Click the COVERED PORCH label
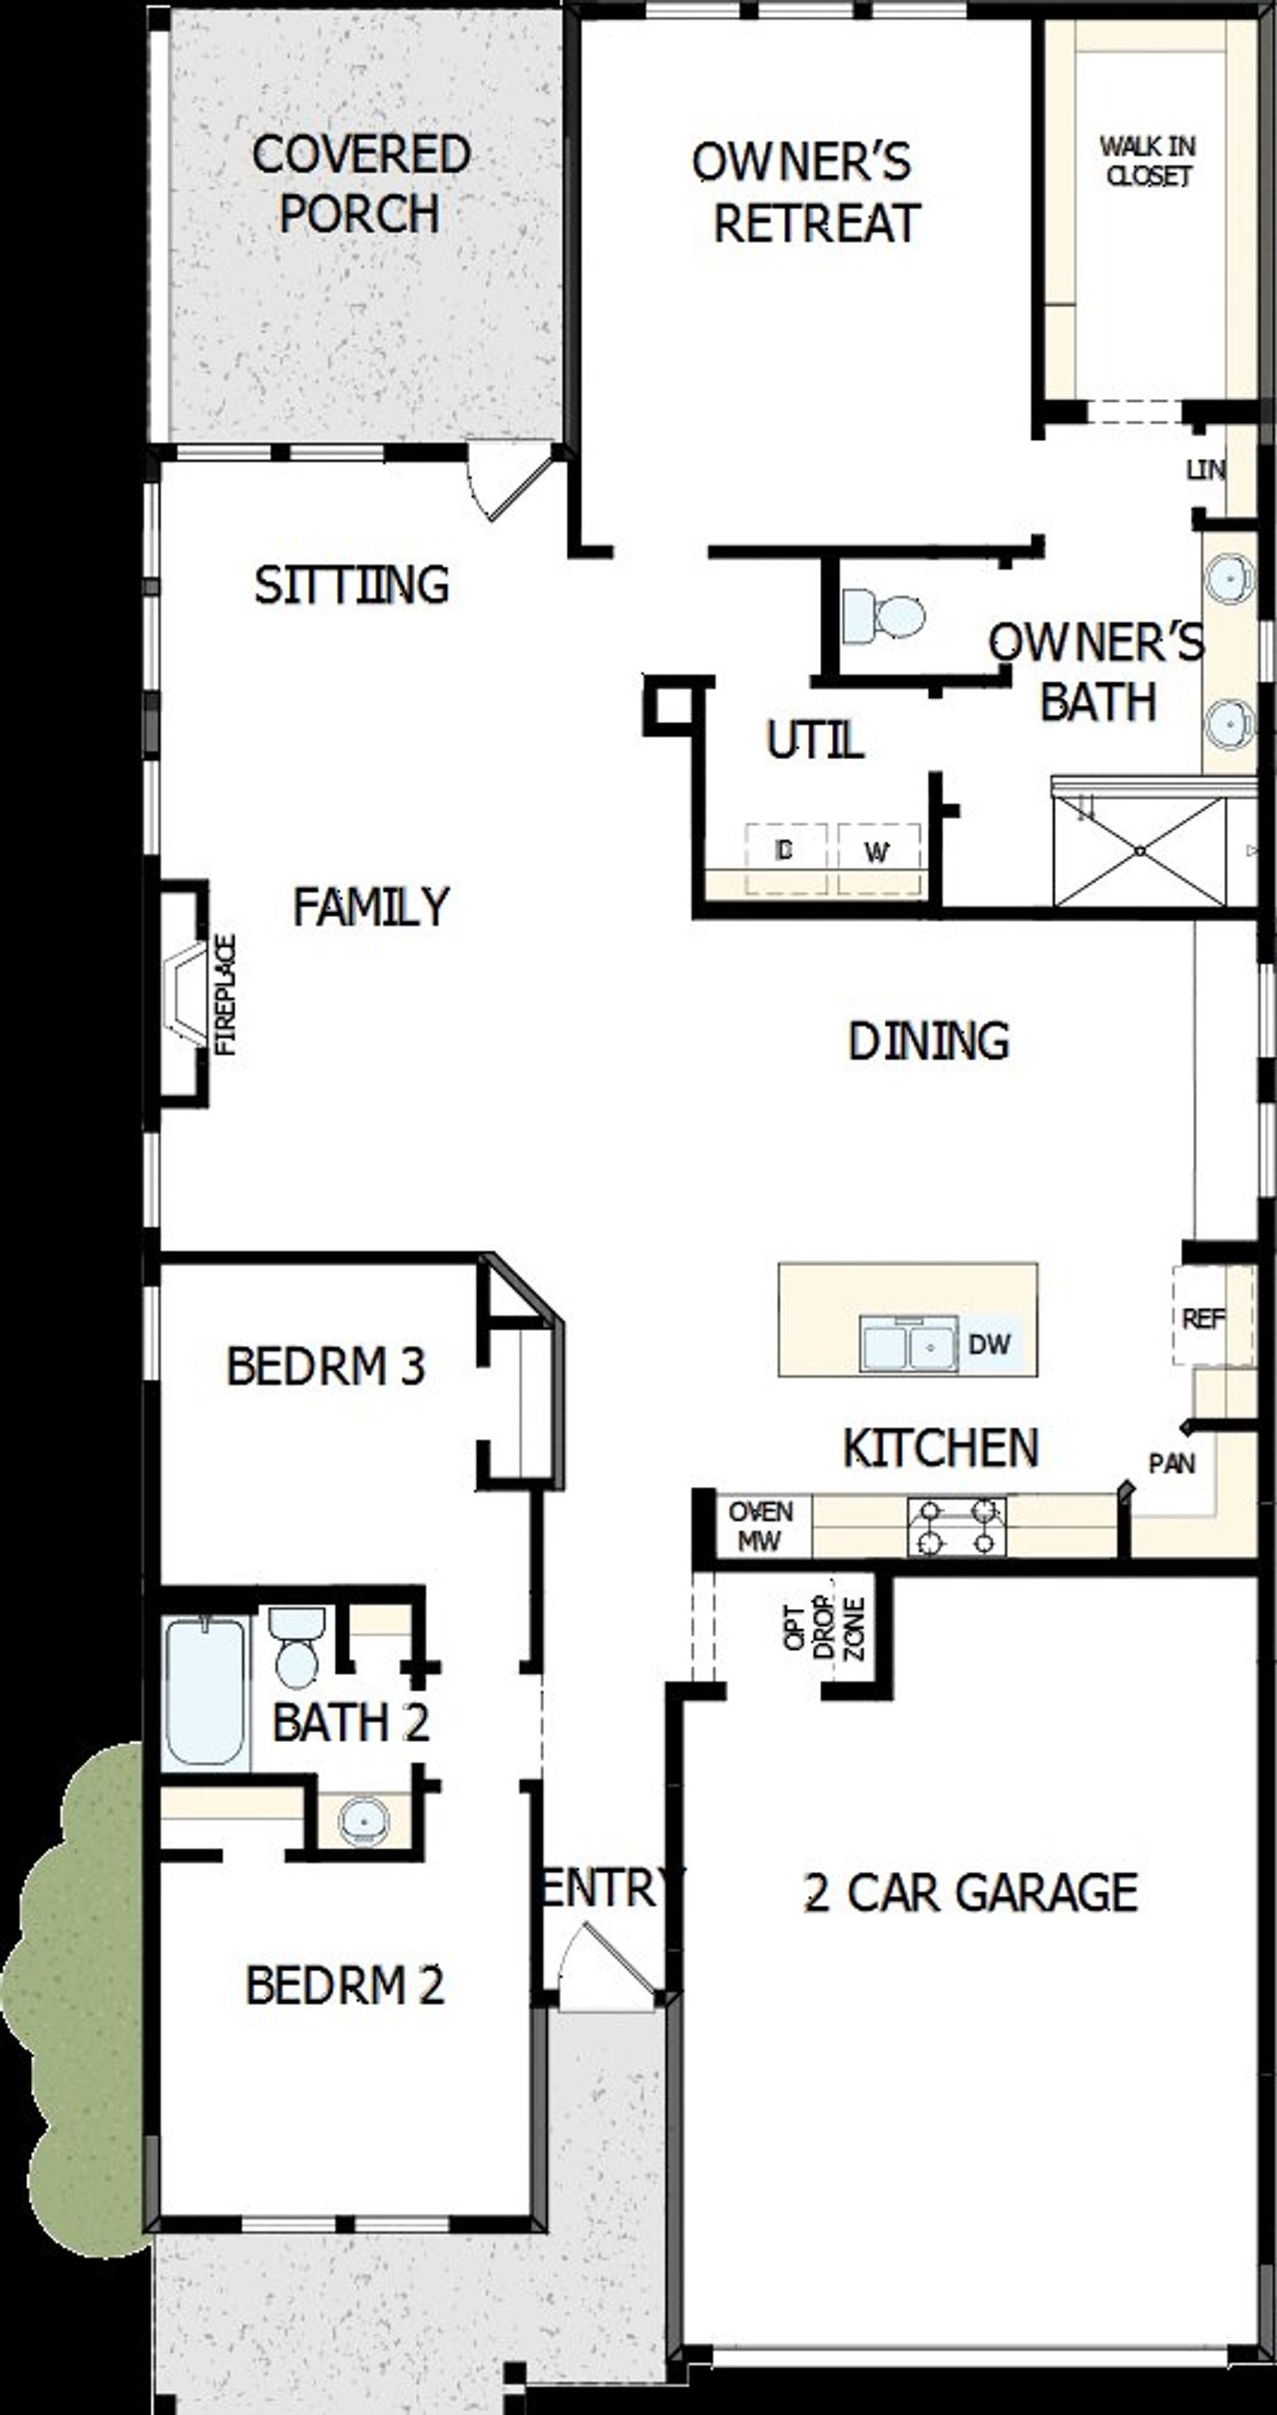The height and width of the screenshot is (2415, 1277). (x=360, y=184)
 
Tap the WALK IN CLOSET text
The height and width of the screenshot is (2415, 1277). (x=1148, y=162)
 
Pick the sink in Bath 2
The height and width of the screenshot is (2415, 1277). (x=362, y=1821)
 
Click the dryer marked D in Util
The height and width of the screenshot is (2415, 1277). (x=785, y=852)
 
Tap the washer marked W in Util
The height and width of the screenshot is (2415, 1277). (x=878, y=853)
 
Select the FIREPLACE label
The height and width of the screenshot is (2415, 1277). (x=227, y=995)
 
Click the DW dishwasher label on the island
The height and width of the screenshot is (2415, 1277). (x=990, y=1345)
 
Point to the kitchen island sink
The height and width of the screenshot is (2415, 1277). (x=907, y=1346)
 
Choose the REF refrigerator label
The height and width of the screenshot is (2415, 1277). (x=1203, y=1319)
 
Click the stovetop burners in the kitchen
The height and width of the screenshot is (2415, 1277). (x=957, y=1527)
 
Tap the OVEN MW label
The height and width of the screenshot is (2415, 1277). (x=761, y=1526)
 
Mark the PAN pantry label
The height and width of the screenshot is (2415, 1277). (x=1172, y=1464)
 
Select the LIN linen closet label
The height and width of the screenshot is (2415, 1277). (x=1206, y=469)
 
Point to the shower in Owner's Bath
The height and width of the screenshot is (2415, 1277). (x=1140, y=851)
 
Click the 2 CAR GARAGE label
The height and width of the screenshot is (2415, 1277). (x=971, y=1892)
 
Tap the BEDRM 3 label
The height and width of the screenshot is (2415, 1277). (x=326, y=1367)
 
